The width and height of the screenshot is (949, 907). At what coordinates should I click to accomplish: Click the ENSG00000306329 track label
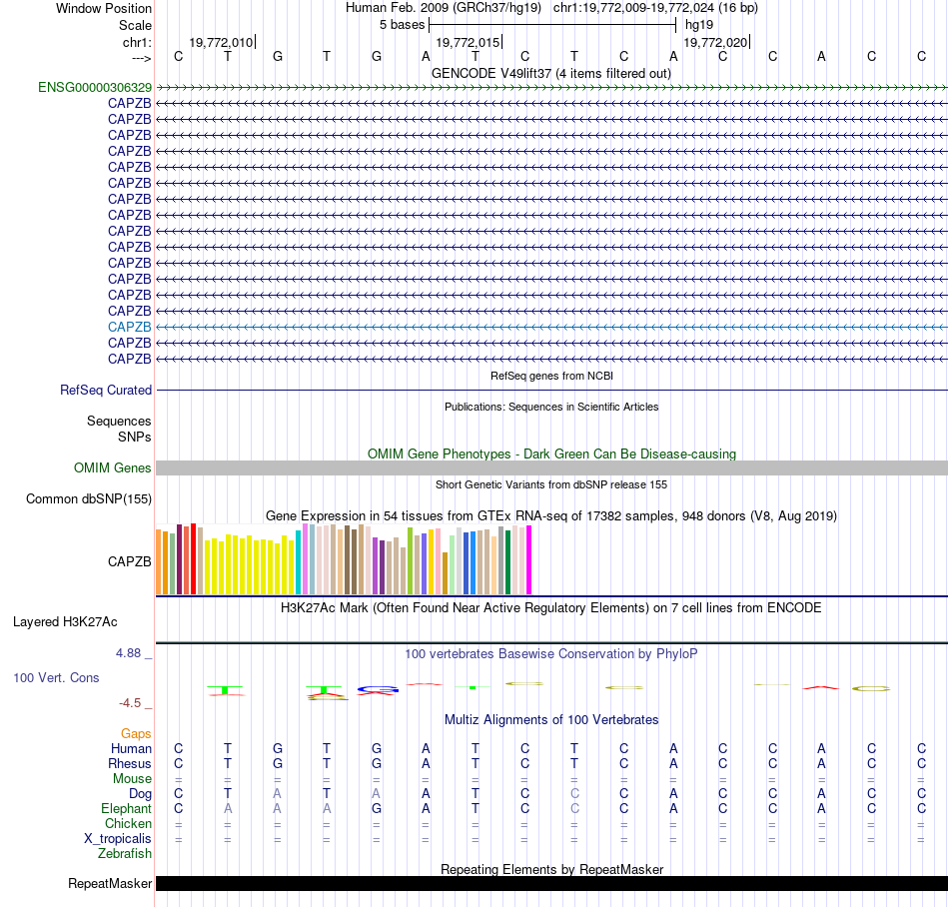[x=95, y=88]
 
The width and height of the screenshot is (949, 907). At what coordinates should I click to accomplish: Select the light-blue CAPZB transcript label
[x=130, y=327]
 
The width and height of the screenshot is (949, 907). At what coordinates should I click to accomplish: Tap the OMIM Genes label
[x=113, y=468]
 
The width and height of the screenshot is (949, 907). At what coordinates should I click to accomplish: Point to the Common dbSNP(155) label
[x=89, y=499]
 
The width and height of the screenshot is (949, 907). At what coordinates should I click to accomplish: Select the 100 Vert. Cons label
[x=56, y=678]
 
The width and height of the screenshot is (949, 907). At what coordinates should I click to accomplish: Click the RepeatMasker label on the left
[x=110, y=884]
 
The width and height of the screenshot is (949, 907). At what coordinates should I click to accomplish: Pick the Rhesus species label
[x=130, y=764]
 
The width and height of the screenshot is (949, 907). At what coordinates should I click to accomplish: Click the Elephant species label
[x=127, y=809]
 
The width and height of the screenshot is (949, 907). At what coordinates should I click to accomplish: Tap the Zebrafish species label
[x=125, y=854]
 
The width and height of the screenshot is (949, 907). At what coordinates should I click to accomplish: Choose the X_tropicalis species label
[x=118, y=839]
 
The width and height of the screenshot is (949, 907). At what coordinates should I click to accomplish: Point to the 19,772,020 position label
[x=714, y=43]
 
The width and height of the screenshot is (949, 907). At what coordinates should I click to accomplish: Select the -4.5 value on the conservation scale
[x=132, y=703]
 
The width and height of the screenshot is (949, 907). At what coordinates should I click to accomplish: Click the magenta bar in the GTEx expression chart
[x=529, y=559]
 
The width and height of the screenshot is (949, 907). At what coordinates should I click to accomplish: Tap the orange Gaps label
[x=136, y=734]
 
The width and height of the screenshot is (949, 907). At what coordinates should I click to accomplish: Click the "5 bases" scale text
[x=402, y=24]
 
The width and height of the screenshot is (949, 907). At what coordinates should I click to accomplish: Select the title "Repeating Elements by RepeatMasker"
[x=551, y=870]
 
